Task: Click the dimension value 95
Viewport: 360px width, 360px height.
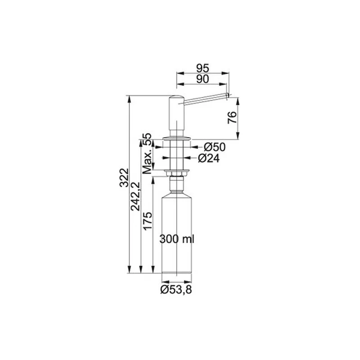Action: pyautogui.click(x=203, y=68)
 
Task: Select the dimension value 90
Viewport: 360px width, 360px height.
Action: pyautogui.click(x=203, y=79)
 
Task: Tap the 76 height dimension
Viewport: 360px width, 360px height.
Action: pyautogui.click(x=232, y=117)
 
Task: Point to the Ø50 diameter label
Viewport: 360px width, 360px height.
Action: pyautogui.click(x=215, y=147)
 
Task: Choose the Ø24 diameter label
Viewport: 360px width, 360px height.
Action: pyautogui.click(x=209, y=158)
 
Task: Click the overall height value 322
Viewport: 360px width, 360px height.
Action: pyautogui.click(x=124, y=178)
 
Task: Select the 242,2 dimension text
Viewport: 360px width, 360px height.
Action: pyautogui.click(x=135, y=196)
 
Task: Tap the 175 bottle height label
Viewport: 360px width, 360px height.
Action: pyautogui.click(x=148, y=221)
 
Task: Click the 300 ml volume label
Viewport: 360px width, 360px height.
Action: pyautogui.click(x=177, y=239)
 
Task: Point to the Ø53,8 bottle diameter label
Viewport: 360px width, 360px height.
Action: pyautogui.click(x=176, y=290)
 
